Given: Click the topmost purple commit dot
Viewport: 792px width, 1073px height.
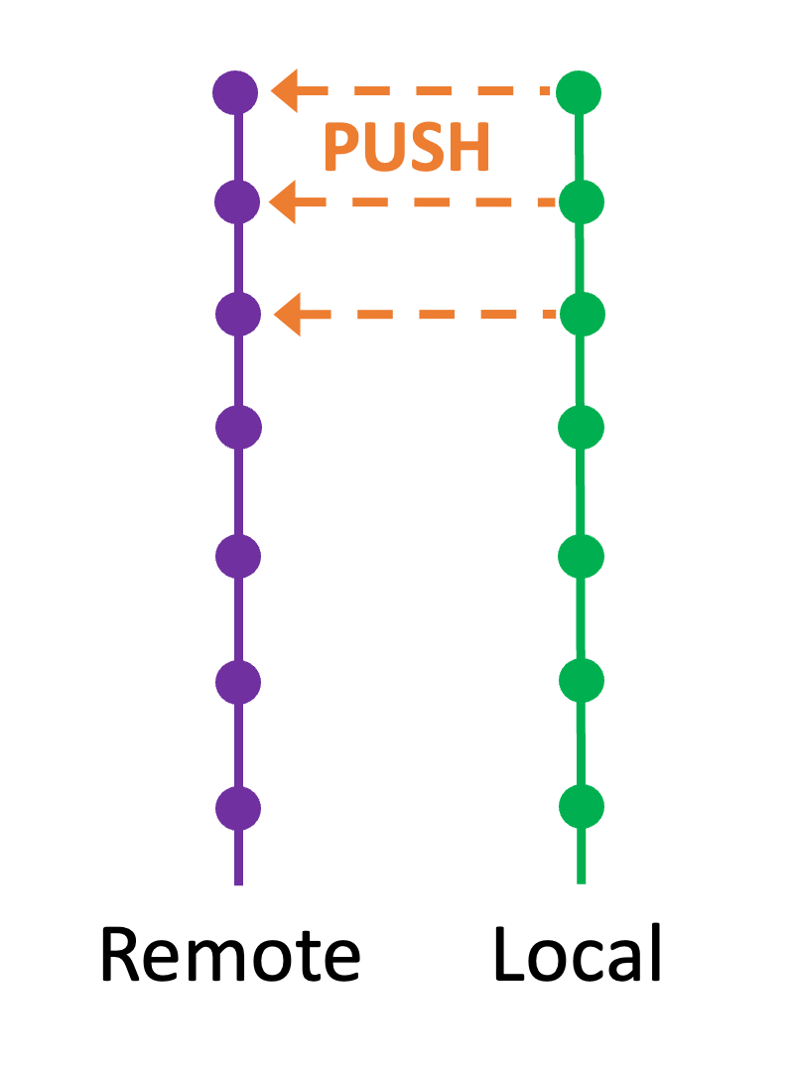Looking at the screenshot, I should pos(236,92).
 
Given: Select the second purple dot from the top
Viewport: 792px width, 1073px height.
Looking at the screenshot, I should pos(237,202).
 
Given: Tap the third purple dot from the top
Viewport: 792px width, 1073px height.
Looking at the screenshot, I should pos(238,315).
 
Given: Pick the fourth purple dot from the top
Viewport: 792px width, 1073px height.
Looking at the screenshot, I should pos(238,428).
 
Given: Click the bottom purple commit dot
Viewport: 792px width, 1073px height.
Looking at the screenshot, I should pos(238,807).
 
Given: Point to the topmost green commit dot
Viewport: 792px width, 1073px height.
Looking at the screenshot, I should pos(579,92).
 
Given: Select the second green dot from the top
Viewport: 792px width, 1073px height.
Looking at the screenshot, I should pos(581,202).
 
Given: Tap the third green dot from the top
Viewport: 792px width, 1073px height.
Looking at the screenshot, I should pos(582,315).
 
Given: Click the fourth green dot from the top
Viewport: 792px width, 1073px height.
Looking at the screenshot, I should pos(582,428).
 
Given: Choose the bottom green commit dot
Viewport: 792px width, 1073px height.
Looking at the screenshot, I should pos(582,805).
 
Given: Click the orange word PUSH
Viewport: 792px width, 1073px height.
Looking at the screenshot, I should pos(407,149).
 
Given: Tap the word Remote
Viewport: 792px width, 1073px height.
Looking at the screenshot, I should pos(229,955).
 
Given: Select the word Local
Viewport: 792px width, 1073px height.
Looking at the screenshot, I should pos(578,955).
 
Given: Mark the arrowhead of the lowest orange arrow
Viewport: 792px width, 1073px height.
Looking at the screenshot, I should pos(288,316).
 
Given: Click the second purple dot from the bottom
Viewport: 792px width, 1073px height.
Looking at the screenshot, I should pos(238,682).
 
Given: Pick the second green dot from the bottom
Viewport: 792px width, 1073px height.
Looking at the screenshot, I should pos(582,680).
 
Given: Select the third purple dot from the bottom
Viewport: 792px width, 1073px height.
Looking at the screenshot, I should pos(238,555).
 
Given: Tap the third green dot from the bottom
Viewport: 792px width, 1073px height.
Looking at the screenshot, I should pos(582,555).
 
